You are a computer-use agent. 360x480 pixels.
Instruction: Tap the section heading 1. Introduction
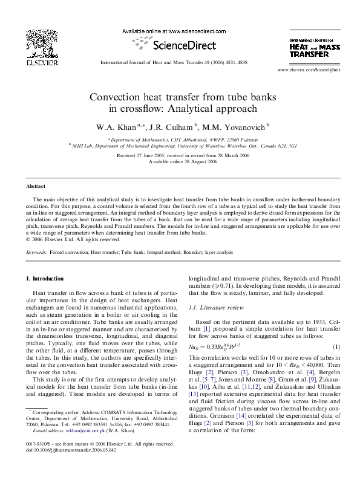point(42,278)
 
